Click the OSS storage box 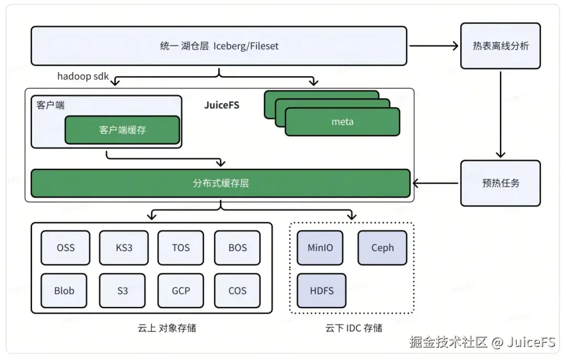point(66,248)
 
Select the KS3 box point(124,248)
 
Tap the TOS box point(180,248)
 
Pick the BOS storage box point(237,248)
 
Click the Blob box point(64,291)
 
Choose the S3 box point(122,291)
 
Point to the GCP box point(180,291)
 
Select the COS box point(237,291)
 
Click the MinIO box point(320,248)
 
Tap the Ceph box point(382,248)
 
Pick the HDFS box point(322,291)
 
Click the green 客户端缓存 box point(122,130)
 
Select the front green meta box point(343,122)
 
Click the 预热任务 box point(500,183)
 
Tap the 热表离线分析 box point(500,46)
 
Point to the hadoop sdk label point(83,76)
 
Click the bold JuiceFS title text point(222,105)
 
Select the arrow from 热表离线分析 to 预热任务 point(500,115)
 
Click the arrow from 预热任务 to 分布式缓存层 point(436,183)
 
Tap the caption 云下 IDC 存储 point(354,328)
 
